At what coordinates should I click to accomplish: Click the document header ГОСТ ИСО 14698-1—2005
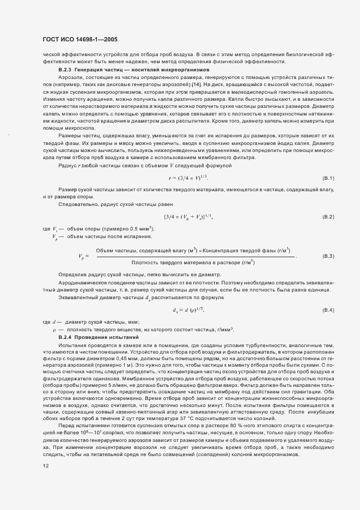coord(80,39)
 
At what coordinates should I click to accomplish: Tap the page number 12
coord(46,466)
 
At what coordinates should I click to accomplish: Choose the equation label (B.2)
coord(328,217)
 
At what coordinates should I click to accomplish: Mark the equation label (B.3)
coord(328,256)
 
